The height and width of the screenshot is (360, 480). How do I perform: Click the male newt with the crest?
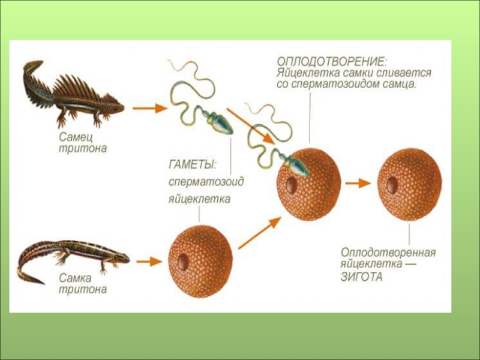[x=72, y=93]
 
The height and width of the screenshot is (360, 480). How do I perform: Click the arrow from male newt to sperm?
[x=148, y=109]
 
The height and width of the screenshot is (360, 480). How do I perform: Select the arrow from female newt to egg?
[x=148, y=262]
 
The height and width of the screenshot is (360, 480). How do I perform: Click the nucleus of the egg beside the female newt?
[x=183, y=262]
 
